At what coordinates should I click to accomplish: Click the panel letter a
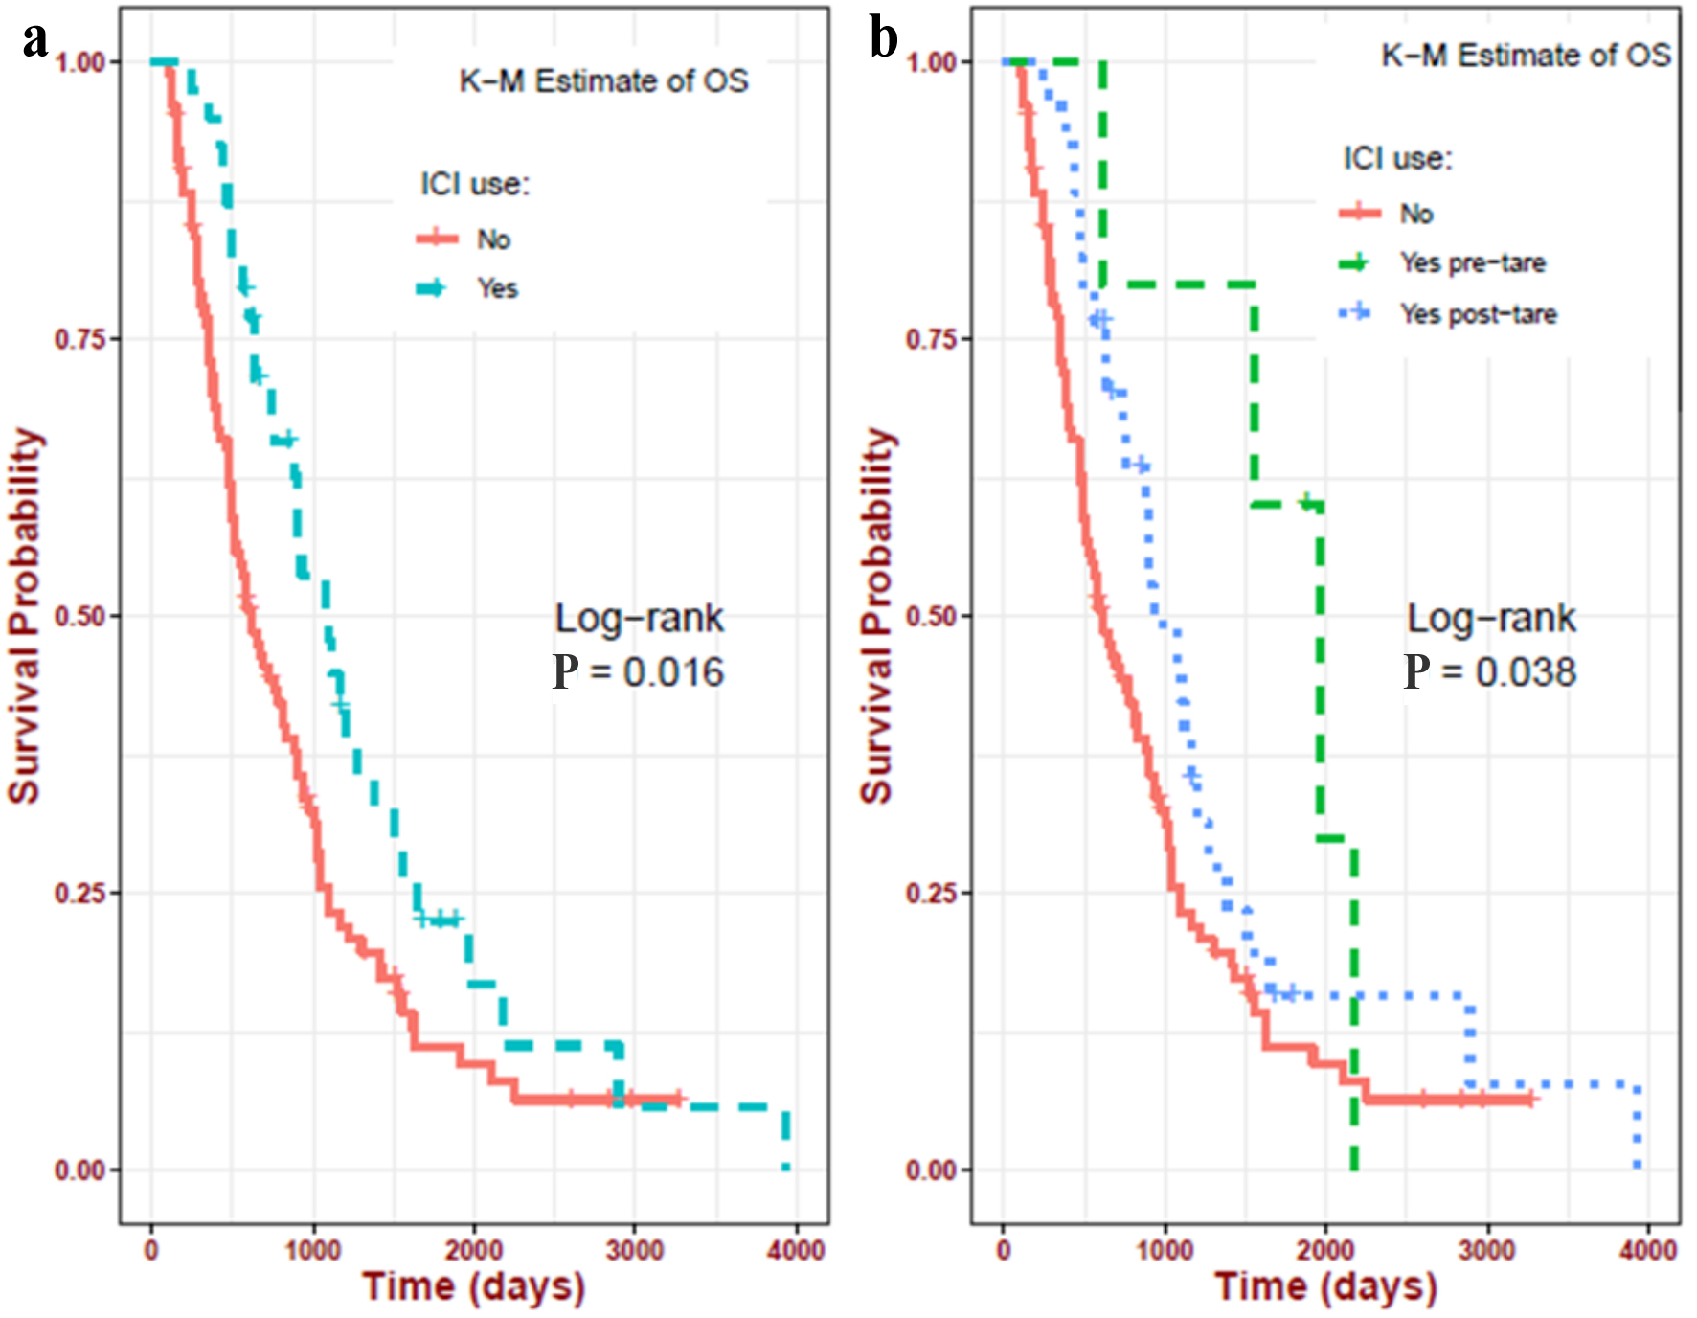35,40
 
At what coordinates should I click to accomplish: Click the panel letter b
883,40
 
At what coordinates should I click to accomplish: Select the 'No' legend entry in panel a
493,239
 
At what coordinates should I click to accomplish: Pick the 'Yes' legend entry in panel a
497,288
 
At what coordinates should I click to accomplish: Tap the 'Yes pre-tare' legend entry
1472,262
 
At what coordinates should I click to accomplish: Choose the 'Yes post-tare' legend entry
1478,314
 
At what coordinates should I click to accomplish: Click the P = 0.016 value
639,672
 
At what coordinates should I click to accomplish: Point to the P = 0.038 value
1490,672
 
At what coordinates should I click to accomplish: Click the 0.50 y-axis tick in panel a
79,616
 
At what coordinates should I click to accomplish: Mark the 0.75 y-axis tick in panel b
931,338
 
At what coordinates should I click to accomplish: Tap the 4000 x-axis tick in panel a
796,1250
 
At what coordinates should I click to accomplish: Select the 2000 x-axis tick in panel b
1325,1250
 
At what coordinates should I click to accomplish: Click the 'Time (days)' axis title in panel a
474,1286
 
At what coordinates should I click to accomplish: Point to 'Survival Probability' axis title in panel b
876,615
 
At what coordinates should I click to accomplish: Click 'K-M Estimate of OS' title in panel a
603,81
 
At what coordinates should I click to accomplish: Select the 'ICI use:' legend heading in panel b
1397,158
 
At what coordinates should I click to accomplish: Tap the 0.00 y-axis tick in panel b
931,1170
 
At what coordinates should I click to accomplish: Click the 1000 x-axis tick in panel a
313,1250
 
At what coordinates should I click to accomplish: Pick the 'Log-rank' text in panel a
639,619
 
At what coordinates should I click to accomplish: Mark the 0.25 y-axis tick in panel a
79,893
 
